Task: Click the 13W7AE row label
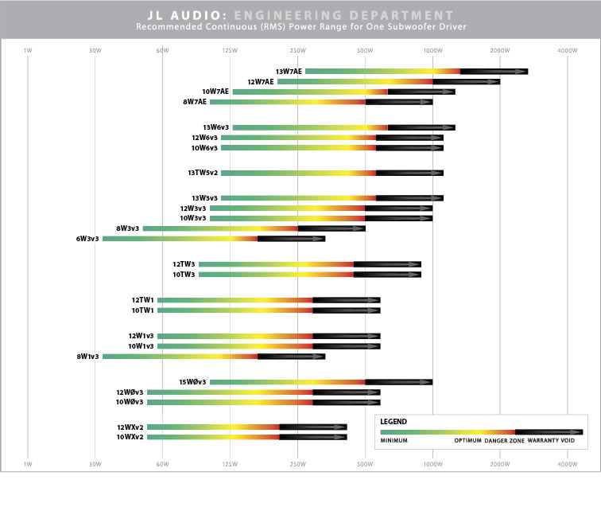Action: pos(289,72)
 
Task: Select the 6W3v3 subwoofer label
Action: pos(87,238)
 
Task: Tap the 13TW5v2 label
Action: pos(203,173)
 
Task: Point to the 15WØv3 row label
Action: pos(192,382)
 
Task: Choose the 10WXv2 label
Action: pos(130,437)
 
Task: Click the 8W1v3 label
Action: pos(87,357)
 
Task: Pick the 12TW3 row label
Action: pos(184,264)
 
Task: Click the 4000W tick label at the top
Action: pos(567,51)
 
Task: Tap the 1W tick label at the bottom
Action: pos(28,463)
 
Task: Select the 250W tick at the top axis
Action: pos(297,51)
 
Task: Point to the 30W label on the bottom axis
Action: pos(95,463)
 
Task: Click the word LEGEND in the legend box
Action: pos(394,421)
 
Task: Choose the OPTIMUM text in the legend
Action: pos(467,441)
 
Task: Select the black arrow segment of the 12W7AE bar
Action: pos(466,81)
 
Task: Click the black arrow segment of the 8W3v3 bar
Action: pos(332,228)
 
